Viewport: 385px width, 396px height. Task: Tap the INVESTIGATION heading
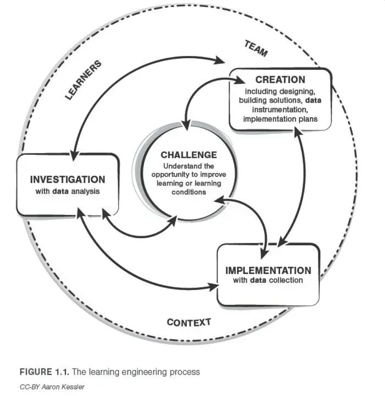[x=67, y=179]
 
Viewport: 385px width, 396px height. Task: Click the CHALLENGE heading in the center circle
[x=183, y=155]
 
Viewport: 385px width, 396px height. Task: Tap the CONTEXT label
[x=189, y=322]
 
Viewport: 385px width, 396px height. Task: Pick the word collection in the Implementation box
[x=285, y=280]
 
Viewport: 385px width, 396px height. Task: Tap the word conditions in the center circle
[x=183, y=192]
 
